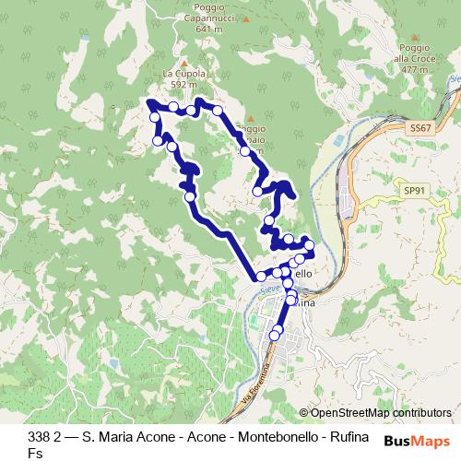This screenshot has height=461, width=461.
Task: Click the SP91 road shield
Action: [415, 189]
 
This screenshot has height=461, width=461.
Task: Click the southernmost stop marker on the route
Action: [274, 337]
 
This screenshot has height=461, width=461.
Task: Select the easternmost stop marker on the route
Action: [309, 245]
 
